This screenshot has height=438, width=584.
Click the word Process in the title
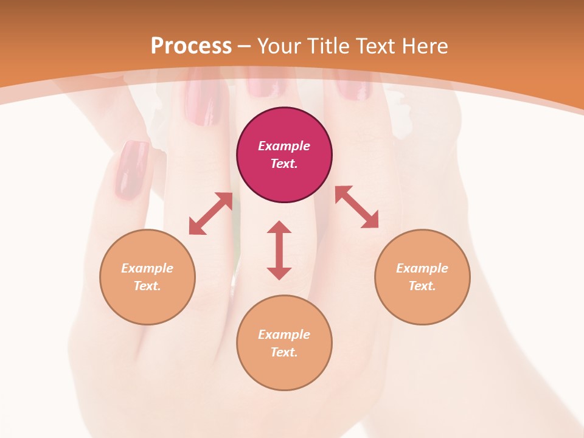tap(191, 46)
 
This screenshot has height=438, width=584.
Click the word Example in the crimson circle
tap(284, 146)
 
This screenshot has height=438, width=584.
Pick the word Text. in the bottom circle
tap(284, 352)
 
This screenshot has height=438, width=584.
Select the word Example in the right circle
tap(422, 268)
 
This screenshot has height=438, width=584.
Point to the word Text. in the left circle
tap(147, 286)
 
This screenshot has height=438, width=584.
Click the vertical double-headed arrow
tap(279, 250)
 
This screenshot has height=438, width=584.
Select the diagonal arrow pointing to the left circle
tap(210, 214)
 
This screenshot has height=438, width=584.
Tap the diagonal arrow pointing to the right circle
tap(356, 207)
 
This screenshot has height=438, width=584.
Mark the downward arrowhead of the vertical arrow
tap(279, 273)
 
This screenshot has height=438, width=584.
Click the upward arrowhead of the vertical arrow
tap(279, 228)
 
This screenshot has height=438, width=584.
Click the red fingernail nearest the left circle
tap(132, 170)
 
